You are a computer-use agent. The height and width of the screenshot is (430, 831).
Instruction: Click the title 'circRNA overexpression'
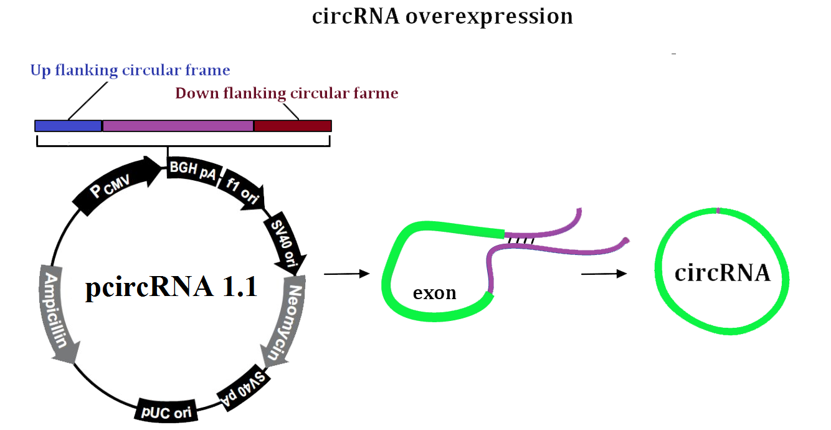click(442, 17)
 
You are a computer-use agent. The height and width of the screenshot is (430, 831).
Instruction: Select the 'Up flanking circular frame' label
click(130, 70)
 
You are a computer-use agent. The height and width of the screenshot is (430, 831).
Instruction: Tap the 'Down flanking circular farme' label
click(287, 93)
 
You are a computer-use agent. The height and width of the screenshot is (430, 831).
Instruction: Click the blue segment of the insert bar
click(69, 126)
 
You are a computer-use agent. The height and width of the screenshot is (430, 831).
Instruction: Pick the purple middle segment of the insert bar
click(178, 126)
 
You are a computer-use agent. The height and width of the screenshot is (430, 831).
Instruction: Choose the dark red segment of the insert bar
click(293, 126)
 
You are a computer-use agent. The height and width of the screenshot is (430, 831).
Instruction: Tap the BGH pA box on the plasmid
click(194, 170)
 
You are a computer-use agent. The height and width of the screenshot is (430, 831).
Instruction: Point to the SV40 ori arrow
click(286, 243)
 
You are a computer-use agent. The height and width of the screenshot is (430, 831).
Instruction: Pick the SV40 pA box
click(244, 389)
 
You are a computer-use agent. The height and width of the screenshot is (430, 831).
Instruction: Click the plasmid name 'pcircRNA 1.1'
click(171, 287)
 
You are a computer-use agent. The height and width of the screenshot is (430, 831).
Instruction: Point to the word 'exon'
click(434, 293)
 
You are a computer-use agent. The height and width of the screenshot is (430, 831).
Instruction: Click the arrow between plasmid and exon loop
click(347, 274)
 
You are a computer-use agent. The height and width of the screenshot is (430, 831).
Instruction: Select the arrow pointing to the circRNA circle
click(604, 274)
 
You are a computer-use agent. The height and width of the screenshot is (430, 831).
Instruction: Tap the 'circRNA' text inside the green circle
click(723, 273)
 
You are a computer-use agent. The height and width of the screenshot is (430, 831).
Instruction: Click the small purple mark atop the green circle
click(718, 211)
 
